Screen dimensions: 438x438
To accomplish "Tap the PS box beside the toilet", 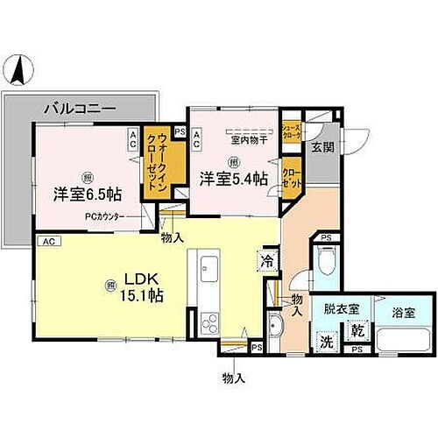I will (325, 237).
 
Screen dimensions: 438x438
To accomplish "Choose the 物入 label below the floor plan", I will (233, 378).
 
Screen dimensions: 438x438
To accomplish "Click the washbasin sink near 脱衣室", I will (273, 330).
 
